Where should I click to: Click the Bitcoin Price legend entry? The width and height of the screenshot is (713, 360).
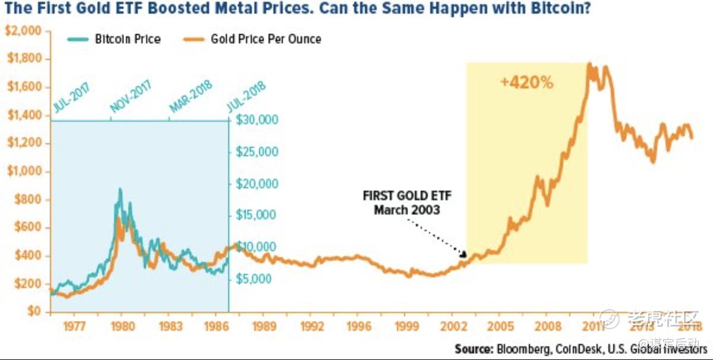coord(127,39)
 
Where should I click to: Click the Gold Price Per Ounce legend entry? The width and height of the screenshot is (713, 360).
coord(266,39)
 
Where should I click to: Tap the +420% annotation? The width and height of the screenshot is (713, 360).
coord(526,83)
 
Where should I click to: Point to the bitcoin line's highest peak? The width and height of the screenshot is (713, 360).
coord(121,190)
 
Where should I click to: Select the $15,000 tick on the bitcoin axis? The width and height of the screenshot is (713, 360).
coord(256,215)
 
